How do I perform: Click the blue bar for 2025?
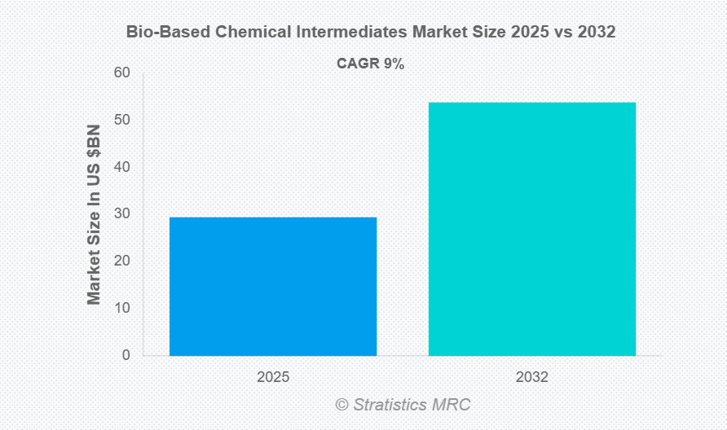point(273,286)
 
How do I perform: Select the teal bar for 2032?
point(532,229)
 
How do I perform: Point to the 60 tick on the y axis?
point(121,72)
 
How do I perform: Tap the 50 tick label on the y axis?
point(121,120)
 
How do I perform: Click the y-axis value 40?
point(121,167)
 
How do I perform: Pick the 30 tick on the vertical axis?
point(121,213)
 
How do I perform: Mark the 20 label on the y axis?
point(121,261)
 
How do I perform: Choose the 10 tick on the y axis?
point(121,308)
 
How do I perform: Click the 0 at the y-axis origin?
point(126,355)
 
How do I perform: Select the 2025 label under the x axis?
point(273,378)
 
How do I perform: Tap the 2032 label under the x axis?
point(532,378)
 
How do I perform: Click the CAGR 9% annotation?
point(371,64)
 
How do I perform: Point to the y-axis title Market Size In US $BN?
point(95,214)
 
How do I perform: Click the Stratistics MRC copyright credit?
point(412,405)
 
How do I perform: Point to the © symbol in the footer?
point(341,405)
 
